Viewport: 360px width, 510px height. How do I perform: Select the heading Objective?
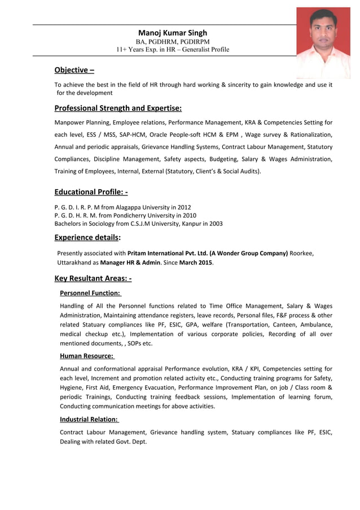[74, 70]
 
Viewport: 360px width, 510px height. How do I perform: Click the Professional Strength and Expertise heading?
[118, 108]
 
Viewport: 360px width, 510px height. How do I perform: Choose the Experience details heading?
[87, 237]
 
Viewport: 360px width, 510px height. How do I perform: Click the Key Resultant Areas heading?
[93, 278]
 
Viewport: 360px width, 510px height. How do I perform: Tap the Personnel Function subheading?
[90, 293]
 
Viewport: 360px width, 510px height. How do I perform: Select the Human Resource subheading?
[87, 356]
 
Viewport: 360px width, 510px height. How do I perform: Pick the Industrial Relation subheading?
[89, 419]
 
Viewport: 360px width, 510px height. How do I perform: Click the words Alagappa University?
[147, 207]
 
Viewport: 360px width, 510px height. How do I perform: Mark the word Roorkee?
[301, 253]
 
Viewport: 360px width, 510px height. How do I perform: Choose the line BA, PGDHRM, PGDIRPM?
[173, 42]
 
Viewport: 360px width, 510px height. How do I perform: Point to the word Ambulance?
[314, 325]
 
